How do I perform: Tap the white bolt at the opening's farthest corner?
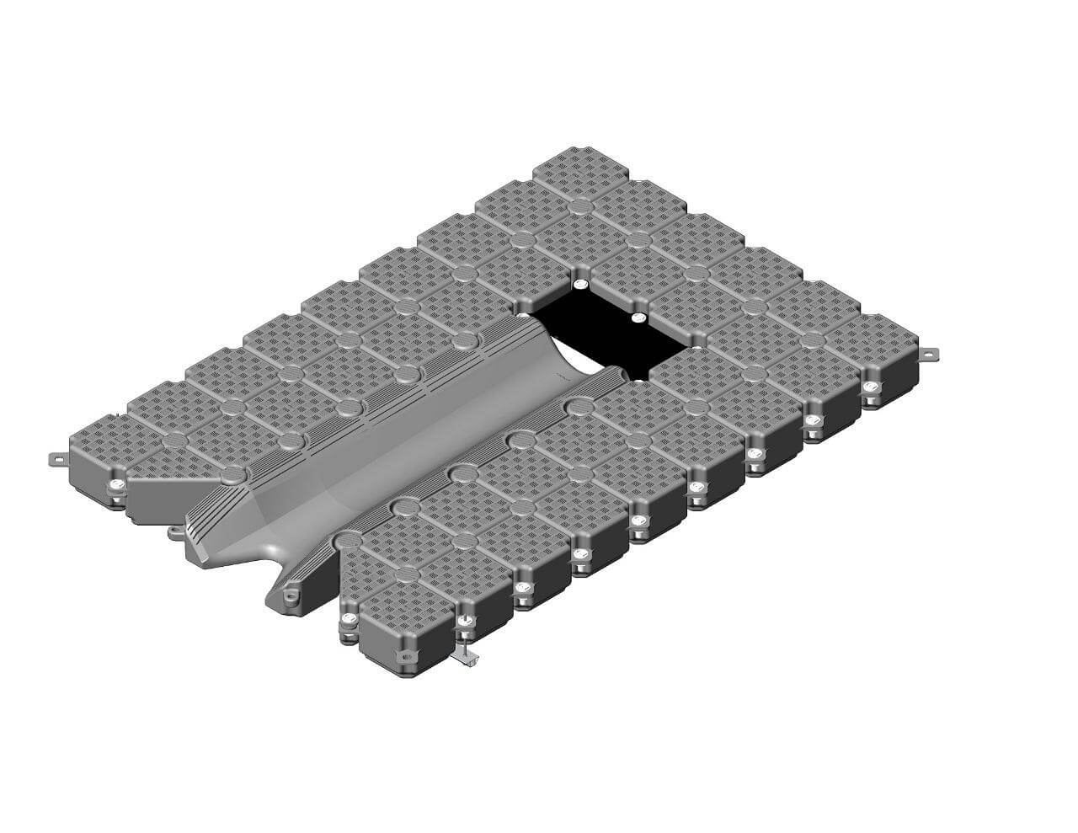pyautogui.click(x=579, y=286)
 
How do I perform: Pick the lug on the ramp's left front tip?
pyautogui.click(x=174, y=531)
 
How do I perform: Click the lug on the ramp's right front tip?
pyautogui.click(x=289, y=596)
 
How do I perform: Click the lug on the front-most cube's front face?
pyautogui.click(x=405, y=654)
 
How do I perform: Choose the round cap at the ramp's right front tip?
pyautogui.click(x=346, y=539)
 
